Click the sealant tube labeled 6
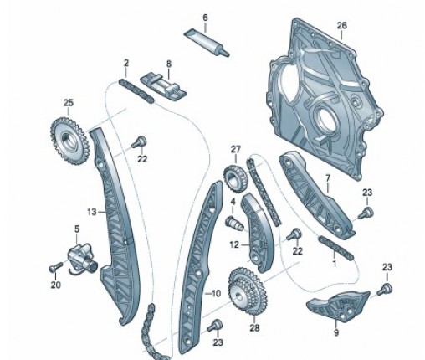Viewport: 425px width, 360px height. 207,42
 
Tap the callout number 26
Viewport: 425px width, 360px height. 341,26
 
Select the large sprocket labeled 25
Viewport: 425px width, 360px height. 69,141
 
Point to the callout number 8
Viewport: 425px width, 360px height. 169,64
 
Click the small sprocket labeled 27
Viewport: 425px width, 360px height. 234,177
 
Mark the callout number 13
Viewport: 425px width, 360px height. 91,212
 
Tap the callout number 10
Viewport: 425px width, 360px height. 216,293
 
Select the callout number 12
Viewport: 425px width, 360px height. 234,244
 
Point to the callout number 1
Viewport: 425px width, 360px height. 335,263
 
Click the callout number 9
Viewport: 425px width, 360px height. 336,332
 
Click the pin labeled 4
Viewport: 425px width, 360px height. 234,223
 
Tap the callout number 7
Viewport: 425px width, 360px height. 328,178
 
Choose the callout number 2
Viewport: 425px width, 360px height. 126,63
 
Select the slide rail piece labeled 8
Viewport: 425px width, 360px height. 163,85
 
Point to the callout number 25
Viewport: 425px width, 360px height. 69,103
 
